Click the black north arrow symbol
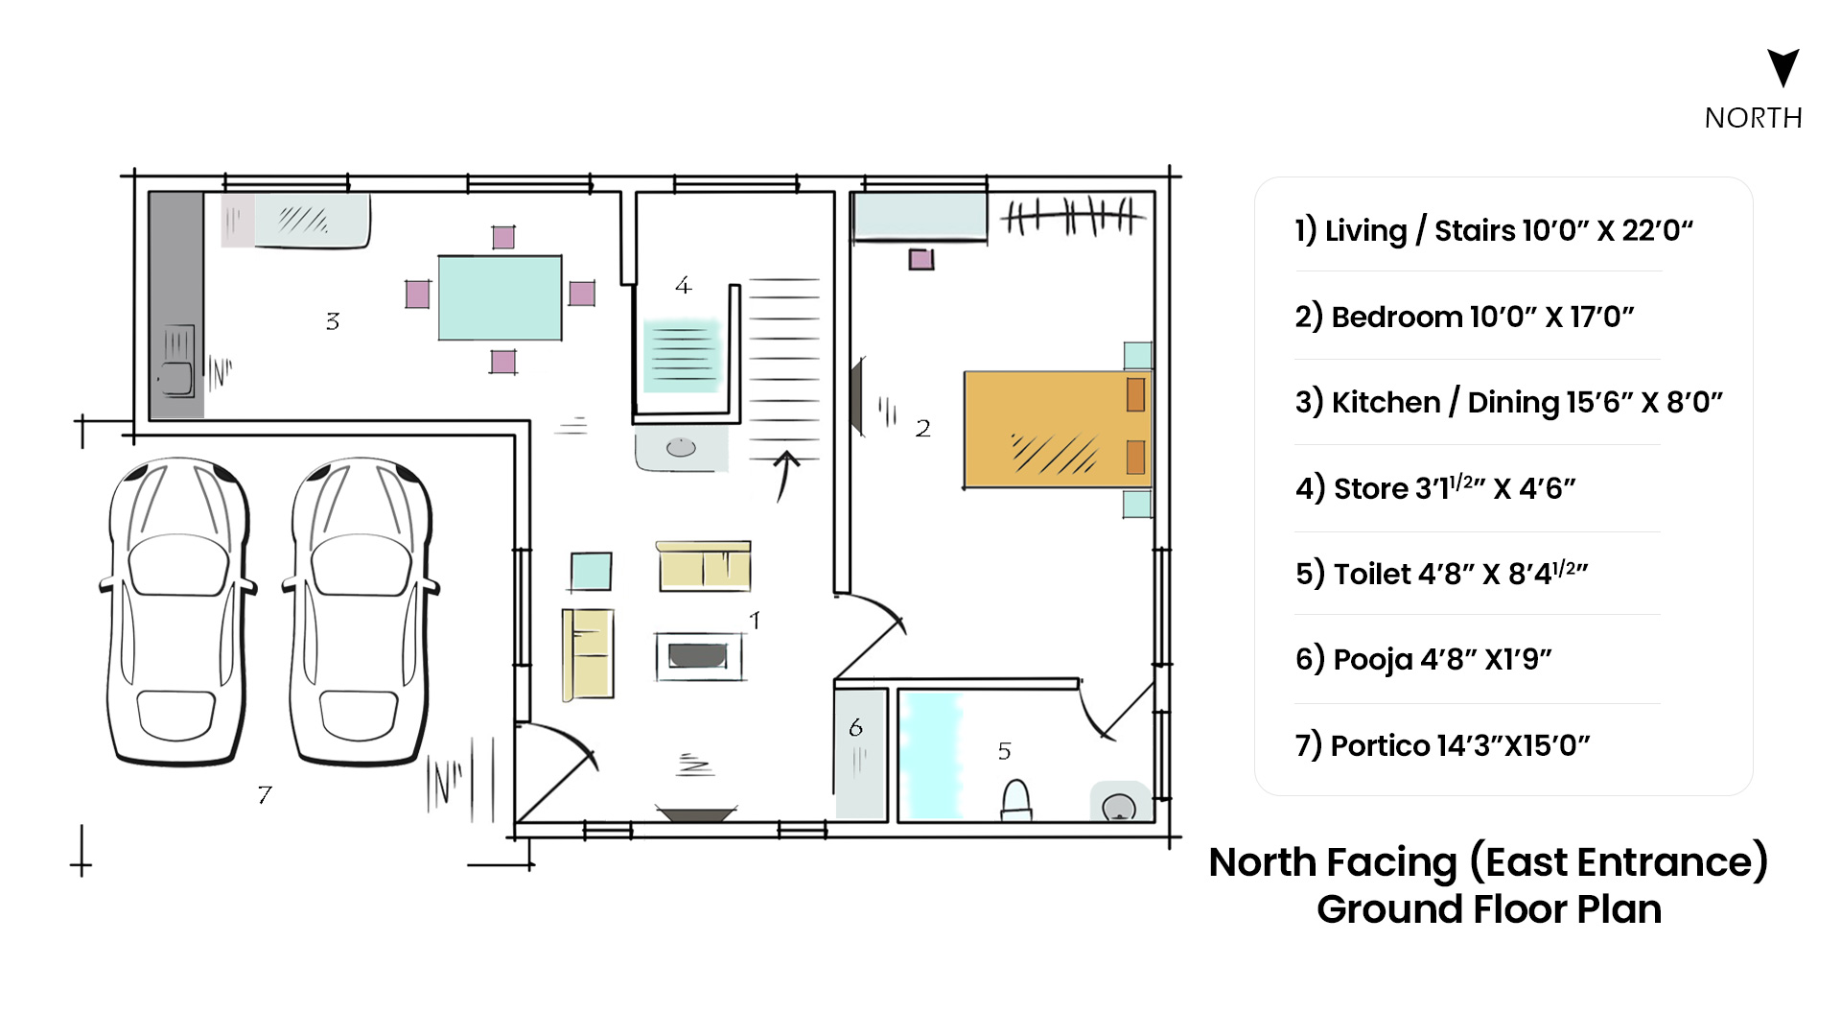click(1783, 65)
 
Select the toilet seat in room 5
click(1015, 800)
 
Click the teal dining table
click(500, 297)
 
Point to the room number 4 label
click(683, 285)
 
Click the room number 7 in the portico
click(265, 794)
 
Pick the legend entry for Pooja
click(1423, 659)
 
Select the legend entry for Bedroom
click(1464, 317)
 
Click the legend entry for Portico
click(1442, 745)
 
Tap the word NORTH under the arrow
click(1754, 118)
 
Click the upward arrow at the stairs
click(785, 476)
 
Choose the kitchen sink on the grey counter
click(178, 362)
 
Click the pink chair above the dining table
click(502, 237)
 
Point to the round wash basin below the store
click(681, 448)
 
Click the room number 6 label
click(855, 727)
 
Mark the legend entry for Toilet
click(1441, 573)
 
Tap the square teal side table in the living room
click(591, 572)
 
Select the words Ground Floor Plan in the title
click(1489, 909)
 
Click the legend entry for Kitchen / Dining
click(1508, 402)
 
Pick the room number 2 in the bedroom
click(922, 428)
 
